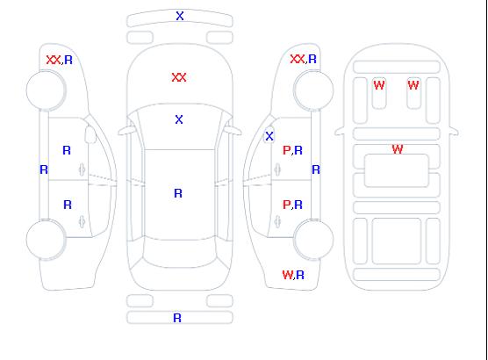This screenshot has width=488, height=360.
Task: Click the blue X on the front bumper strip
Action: click(180, 16)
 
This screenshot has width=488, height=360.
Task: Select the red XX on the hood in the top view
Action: click(179, 77)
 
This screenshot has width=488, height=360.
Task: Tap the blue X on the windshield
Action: click(179, 119)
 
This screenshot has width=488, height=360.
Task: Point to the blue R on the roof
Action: click(178, 193)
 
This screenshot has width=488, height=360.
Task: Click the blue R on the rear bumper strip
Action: click(177, 318)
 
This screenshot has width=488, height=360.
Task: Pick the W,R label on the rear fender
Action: click(293, 275)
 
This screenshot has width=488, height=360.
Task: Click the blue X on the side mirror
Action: click(269, 136)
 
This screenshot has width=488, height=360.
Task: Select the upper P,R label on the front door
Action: click(292, 150)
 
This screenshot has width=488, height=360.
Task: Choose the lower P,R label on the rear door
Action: click(292, 205)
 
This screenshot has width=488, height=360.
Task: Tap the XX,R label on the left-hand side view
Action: click(60, 60)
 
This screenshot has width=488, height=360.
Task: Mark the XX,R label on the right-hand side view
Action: click(303, 59)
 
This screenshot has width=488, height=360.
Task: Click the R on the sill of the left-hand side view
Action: click(44, 169)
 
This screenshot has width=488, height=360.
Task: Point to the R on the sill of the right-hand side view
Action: click(316, 169)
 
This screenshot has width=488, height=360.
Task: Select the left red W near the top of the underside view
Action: click(379, 85)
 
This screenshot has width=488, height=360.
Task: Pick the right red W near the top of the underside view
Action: click(413, 84)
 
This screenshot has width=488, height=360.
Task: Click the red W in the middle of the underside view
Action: click(398, 149)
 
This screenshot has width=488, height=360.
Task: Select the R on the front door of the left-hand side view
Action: click(67, 150)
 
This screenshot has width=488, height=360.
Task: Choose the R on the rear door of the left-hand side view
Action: click(68, 205)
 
